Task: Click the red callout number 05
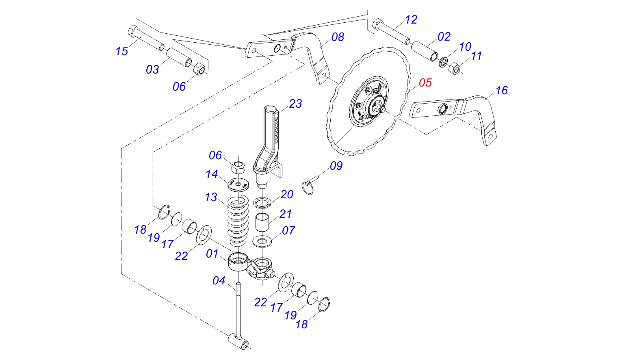click(425, 82)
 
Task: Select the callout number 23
click(295, 104)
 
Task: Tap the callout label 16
click(501, 90)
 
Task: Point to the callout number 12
click(411, 20)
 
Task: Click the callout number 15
click(121, 51)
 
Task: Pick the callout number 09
click(336, 166)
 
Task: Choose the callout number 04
click(219, 280)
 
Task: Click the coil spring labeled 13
click(238, 219)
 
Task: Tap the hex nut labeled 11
click(454, 69)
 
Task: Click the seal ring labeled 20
click(262, 202)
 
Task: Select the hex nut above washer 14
click(238, 166)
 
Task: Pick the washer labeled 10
click(443, 62)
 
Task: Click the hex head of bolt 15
click(133, 31)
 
